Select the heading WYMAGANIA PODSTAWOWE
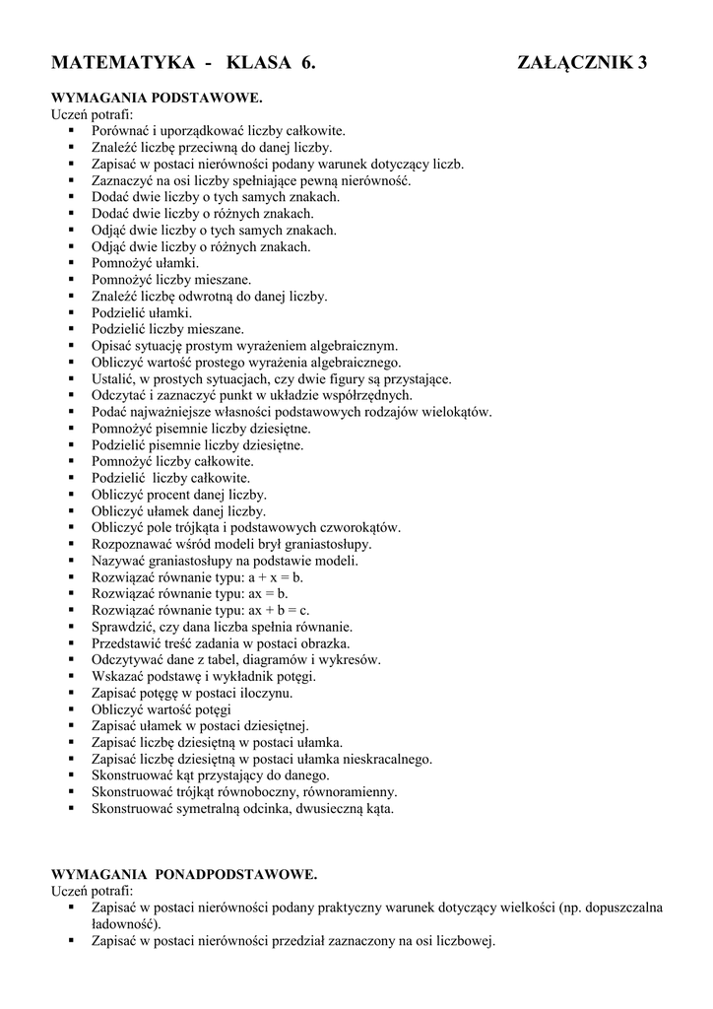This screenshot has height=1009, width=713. (x=157, y=99)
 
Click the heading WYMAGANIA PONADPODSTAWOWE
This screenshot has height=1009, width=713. (x=184, y=874)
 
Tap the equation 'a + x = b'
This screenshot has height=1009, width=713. (x=275, y=576)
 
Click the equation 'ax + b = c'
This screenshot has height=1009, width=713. (x=279, y=610)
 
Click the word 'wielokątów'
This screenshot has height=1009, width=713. (x=456, y=411)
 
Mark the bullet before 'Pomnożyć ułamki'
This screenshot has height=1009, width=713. (x=73, y=263)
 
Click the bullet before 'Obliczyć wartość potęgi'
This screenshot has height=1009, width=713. (x=73, y=709)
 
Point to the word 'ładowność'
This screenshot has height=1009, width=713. (x=124, y=924)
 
